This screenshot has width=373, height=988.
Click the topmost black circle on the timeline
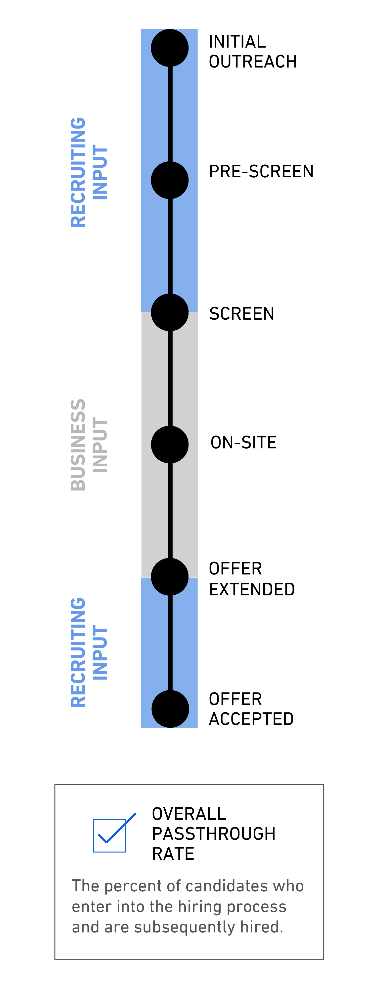click(x=170, y=48)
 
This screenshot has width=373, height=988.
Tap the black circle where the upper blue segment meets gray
click(x=170, y=312)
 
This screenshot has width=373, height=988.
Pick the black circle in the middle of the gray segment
click(x=170, y=444)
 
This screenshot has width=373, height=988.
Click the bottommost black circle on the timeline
click(x=170, y=709)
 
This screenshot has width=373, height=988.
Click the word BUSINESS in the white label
click(x=78, y=445)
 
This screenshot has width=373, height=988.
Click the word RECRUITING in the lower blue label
click(x=78, y=652)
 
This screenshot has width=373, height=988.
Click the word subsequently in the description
click(x=185, y=927)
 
